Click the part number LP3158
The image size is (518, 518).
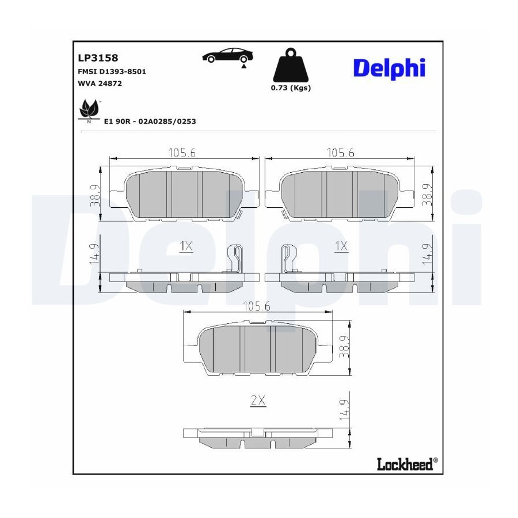[x=98, y=58]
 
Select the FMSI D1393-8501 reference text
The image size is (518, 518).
[x=112, y=71]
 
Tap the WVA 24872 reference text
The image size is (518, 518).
[x=100, y=83]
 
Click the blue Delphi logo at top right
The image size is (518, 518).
[x=389, y=68]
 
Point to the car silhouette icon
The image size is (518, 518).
[x=227, y=55]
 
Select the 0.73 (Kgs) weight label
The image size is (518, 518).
[x=291, y=88]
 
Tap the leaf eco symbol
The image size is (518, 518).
[x=89, y=110]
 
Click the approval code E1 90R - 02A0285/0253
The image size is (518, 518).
[x=150, y=121]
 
